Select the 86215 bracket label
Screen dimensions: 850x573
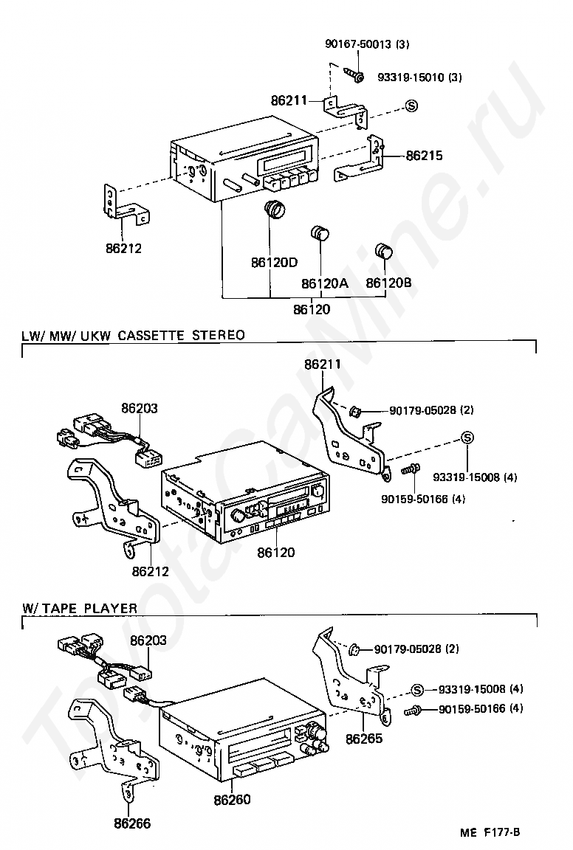coord(424,156)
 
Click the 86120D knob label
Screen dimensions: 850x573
coord(274,262)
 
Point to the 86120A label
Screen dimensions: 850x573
coord(324,283)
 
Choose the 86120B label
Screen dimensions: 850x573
coord(389,283)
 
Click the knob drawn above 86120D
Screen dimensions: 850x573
coord(275,210)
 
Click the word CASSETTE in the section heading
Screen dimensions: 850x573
coord(148,335)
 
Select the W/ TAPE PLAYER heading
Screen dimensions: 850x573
coord(80,608)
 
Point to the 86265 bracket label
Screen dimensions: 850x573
coord(365,737)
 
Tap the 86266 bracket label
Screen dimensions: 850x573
coord(132,823)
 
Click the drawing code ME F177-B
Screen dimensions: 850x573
coord(490,832)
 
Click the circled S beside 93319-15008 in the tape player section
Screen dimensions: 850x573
coord(417,689)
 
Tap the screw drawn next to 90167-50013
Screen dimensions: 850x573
coord(354,75)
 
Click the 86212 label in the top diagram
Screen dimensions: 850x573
coord(123,248)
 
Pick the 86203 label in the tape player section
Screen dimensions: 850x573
coord(148,641)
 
